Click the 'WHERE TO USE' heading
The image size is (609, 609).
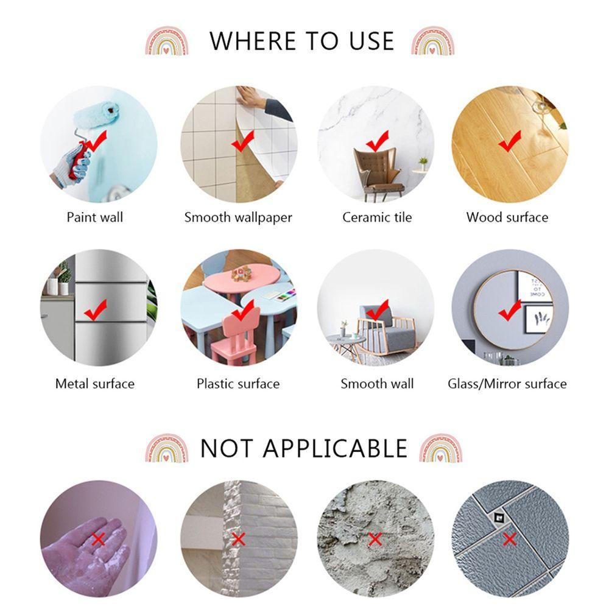301,41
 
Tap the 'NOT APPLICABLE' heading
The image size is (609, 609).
303,448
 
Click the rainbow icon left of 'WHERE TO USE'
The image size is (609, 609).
167,41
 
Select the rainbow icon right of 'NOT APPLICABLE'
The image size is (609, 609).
441,448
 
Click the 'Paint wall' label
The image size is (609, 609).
94,217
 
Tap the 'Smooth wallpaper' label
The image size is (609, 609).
238,217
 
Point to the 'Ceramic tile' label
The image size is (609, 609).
377,217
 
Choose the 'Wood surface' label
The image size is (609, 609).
507,217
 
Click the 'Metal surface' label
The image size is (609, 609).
94,384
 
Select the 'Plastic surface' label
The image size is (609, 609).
238,384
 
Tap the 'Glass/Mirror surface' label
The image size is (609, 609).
507,384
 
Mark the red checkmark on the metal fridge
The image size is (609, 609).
96,310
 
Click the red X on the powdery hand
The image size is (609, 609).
97,538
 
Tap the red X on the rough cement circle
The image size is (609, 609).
375,538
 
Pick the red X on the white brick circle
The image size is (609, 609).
238,538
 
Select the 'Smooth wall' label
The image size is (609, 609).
377,384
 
